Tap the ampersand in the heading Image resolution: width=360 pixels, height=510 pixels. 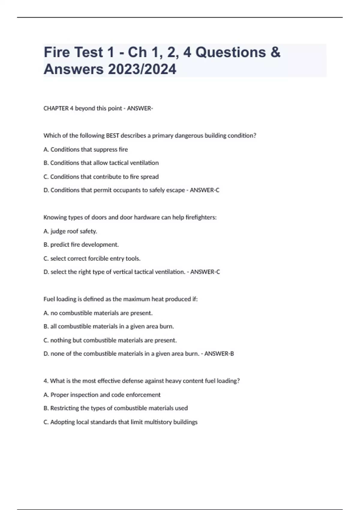pyautogui.click(x=275, y=52)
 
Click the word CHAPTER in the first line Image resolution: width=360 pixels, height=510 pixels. pyautogui.click(x=56, y=108)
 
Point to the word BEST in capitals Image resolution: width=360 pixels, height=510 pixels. pyautogui.click(x=112, y=136)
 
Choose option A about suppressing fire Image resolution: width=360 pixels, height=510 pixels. pyautogui.click(x=85, y=149)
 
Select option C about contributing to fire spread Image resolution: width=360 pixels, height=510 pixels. pyautogui.click(x=101, y=177)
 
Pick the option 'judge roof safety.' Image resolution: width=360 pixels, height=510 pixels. pyautogui.click(x=70, y=231)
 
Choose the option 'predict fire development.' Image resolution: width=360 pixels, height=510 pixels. pyautogui.click(x=81, y=245)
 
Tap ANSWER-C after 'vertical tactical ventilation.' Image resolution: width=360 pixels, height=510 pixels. pyautogui.click(x=205, y=272)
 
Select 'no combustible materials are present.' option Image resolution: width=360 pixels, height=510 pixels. pyautogui.click(x=98, y=313)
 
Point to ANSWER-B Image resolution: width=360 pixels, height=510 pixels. pyautogui.click(x=219, y=354)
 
